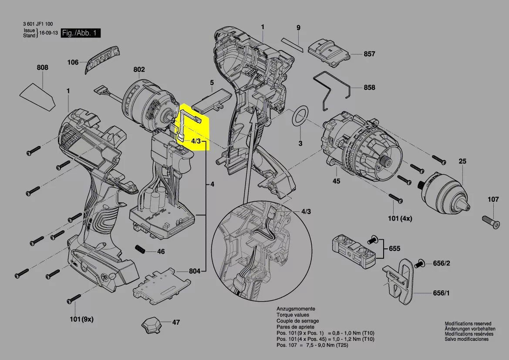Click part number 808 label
(43, 68)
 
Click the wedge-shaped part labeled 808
(37, 95)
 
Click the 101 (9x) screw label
(81, 319)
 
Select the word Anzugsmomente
(296, 309)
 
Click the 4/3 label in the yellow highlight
(196, 142)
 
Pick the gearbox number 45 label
(336, 181)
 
